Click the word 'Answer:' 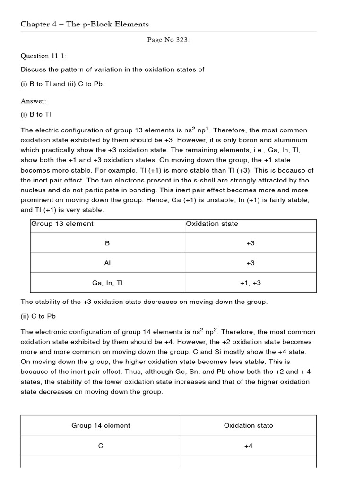tap(34, 101)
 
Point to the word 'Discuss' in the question tap(34, 69)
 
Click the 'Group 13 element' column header tap(62, 224)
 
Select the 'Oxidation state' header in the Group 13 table tap(212, 224)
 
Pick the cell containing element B tap(107, 243)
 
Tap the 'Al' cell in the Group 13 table tap(107, 263)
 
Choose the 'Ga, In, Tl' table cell tap(107, 283)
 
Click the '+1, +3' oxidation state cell tap(251, 283)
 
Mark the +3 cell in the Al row tap(251, 263)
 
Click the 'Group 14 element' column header tap(101, 425)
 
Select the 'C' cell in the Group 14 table tap(101, 445)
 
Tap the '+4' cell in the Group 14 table tap(249, 445)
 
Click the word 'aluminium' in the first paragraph tap(290, 140)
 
